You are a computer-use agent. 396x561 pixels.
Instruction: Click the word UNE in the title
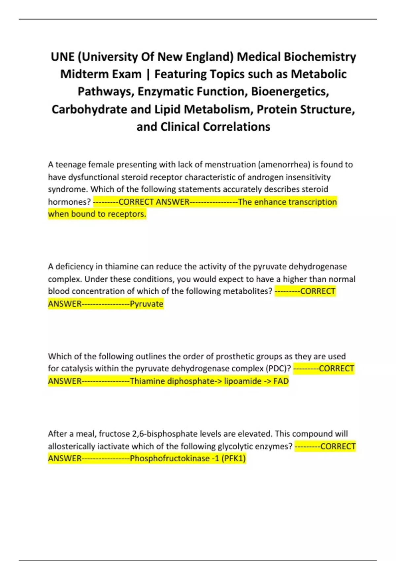click(63, 57)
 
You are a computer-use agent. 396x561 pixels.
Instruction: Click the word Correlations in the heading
click(237, 126)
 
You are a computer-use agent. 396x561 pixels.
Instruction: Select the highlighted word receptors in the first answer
click(127, 214)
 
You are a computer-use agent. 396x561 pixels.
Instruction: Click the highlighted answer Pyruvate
click(147, 304)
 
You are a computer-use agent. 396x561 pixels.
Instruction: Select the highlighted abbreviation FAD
click(281, 381)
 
